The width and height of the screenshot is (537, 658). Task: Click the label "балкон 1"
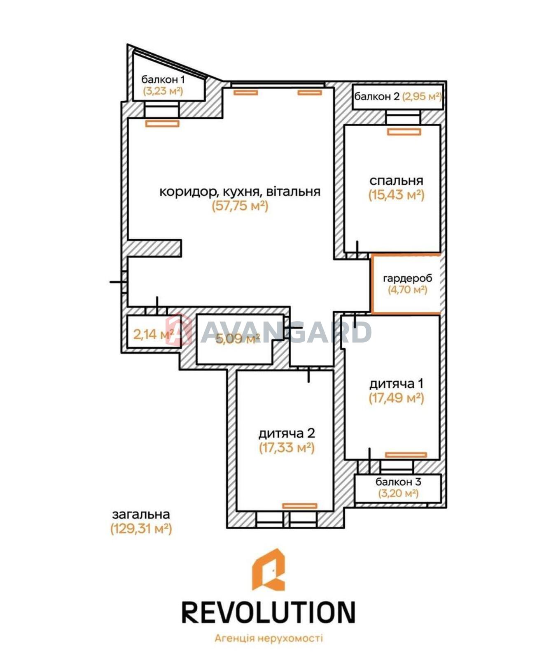[x=163, y=80]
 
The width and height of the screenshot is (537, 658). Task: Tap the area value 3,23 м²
[x=163, y=91]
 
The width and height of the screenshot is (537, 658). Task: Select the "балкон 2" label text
[x=377, y=97]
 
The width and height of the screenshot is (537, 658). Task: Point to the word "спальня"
[x=396, y=181]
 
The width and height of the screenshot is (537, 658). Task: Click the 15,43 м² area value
[x=396, y=195]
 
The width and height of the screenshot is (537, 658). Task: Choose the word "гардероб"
[x=407, y=278]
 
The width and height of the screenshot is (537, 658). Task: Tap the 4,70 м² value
[x=407, y=290]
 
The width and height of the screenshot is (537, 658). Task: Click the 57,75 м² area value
[x=240, y=206]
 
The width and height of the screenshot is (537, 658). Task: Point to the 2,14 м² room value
[x=154, y=334]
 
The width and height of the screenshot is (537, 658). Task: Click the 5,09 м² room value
[x=237, y=339]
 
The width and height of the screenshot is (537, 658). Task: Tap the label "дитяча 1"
[x=396, y=384]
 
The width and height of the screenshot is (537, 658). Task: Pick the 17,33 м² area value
[x=287, y=447]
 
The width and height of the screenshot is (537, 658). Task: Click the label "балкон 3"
[x=398, y=482]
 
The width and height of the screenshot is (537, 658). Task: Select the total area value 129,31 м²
[x=141, y=529]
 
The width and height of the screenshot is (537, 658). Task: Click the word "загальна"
[x=141, y=514]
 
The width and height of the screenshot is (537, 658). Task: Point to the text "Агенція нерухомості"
[x=268, y=638]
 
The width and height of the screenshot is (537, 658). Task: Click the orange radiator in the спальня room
[x=404, y=132]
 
